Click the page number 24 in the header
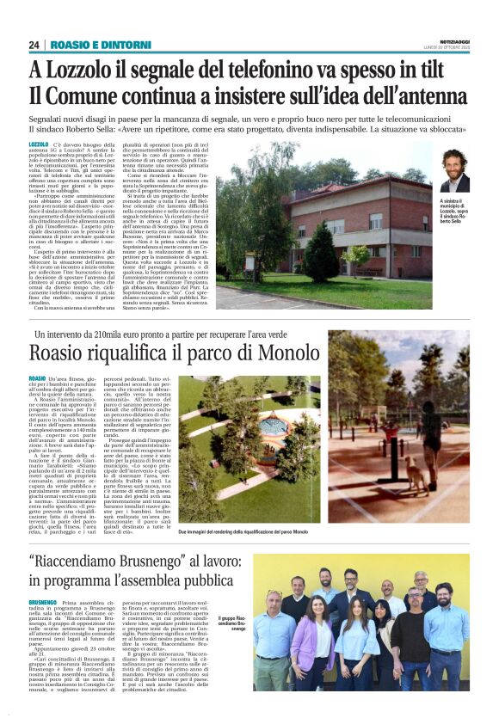(34, 45)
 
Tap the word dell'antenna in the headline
(407, 97)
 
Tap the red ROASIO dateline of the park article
(38, 379)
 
